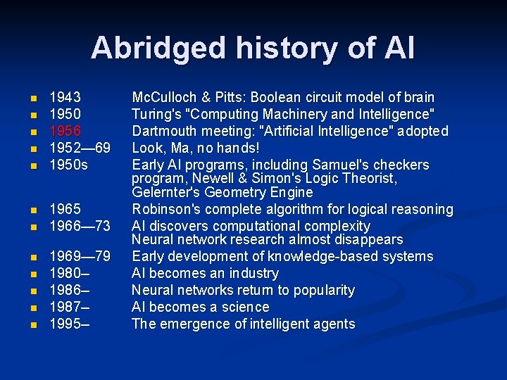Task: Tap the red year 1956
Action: [x=65, y=131]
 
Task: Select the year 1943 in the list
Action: [x=65, y=97]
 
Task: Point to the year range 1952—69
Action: [x=80, y=148]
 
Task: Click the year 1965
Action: [x=65, y=209]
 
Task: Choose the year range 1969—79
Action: [x=80, y=256]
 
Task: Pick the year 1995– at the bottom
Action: [x=68, y=324]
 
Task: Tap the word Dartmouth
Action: [x=163, y=131]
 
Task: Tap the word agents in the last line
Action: [x=333, y=324]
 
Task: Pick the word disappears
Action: [x=365, y=240]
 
